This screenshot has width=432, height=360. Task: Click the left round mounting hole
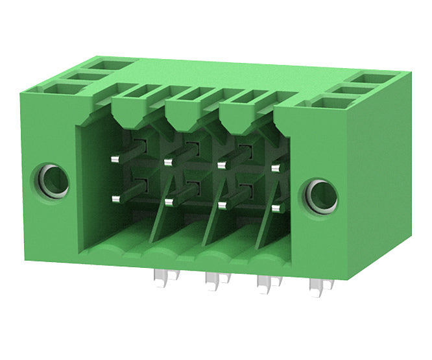point(54,181)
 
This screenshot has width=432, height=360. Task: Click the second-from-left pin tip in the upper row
point(169,162)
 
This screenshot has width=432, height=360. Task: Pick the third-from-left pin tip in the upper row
point(222,165)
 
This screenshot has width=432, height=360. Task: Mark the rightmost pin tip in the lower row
point(276,208)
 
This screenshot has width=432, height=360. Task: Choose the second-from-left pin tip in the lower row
point(169,202)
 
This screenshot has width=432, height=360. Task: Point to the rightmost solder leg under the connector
point(317,286)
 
